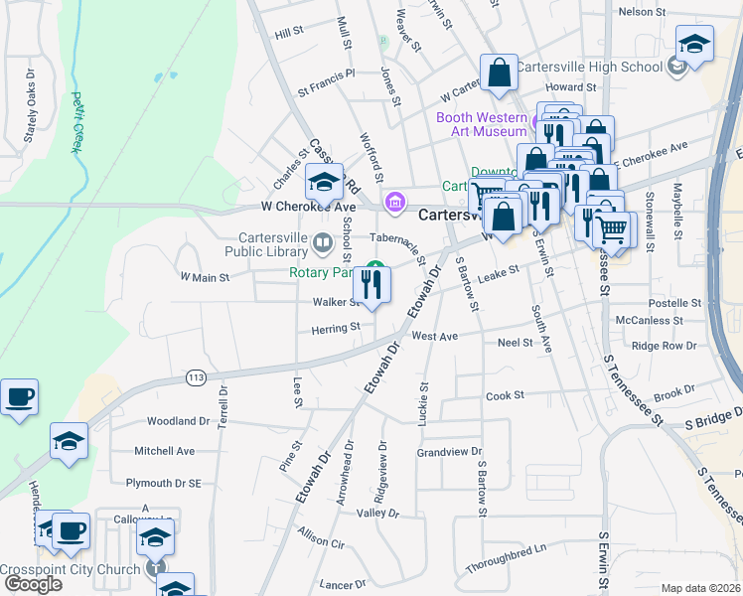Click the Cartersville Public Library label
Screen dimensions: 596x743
(273, 244)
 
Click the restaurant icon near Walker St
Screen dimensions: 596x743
(372, 286)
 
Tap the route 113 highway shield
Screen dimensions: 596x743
(195, 377)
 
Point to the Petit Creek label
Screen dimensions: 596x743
(75, 122)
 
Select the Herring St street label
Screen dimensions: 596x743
(335, 328)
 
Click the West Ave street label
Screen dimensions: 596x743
(434, 337)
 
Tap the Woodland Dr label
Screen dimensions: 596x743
(179, 421)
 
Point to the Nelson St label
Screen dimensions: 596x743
(642, 12)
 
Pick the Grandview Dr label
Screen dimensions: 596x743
(449, 452)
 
